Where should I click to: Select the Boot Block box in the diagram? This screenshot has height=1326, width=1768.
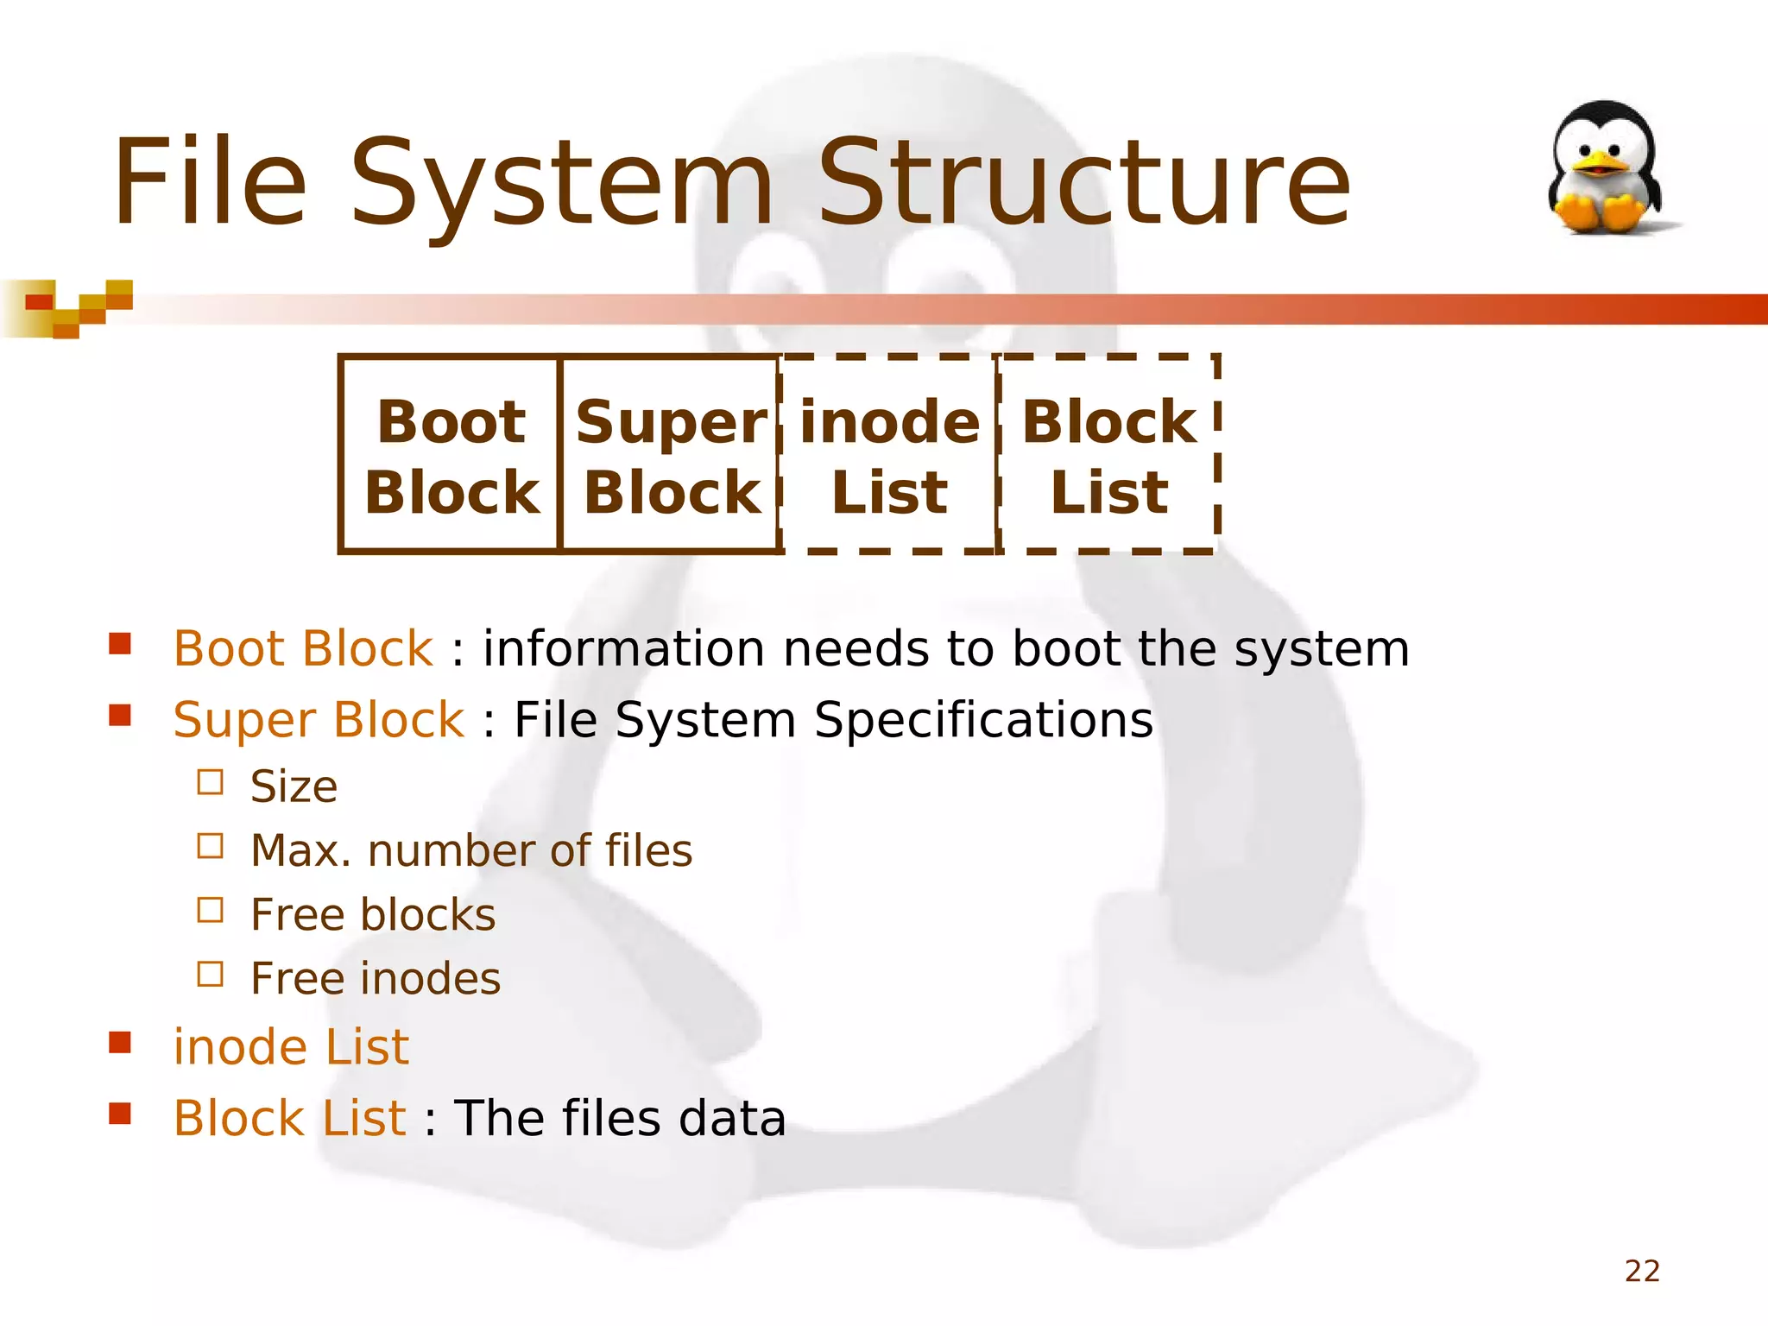tap(451, 455)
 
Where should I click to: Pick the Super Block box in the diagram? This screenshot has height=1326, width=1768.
tap(671, 455)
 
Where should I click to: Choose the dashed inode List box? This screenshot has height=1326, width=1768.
tap(889, 455)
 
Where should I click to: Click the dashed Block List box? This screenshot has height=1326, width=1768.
tap(1109, 455)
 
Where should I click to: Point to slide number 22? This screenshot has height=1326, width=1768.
tap(1642, 1271)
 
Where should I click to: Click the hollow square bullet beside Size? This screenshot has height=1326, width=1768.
tap(210, 782)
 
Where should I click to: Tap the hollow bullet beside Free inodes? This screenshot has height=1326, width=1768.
tap(210, 974)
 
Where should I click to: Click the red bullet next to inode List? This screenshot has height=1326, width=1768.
tap(120, 1043)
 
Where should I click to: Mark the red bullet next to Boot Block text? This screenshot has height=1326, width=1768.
tap(120, 644)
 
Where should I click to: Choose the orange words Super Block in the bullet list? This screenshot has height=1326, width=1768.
tap(319, 720)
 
